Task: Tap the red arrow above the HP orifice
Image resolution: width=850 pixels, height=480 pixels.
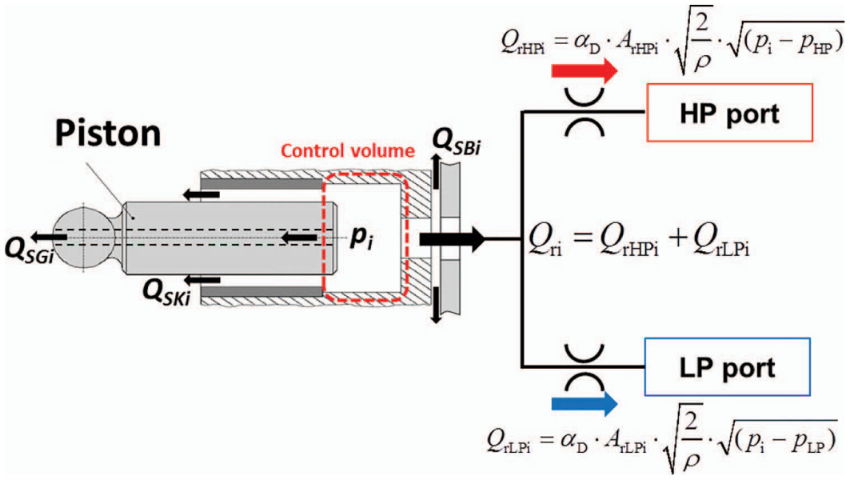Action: tap(584, 71)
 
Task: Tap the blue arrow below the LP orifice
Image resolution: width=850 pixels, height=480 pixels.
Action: tap(584, 402)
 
